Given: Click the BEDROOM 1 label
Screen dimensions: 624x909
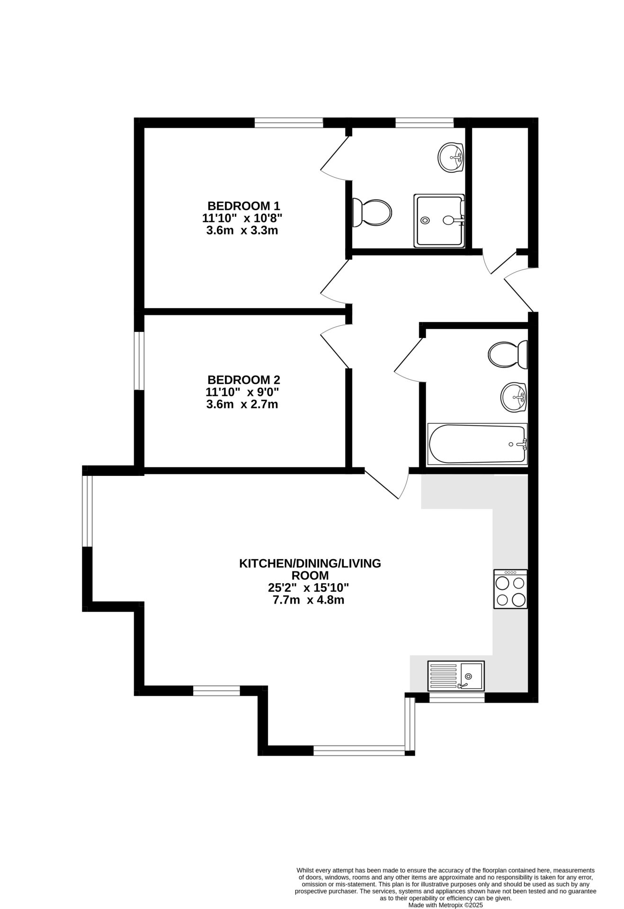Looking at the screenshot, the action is [244, 206].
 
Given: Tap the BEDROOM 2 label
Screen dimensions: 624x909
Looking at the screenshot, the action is [244, 380].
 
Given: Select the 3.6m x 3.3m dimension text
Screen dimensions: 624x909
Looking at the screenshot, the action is [242, 231].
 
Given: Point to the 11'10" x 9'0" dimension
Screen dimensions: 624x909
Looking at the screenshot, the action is [242, 392].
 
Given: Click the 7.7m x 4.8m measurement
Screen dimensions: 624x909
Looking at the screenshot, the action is [308, 600].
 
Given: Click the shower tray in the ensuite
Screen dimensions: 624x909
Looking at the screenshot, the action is [439, 220].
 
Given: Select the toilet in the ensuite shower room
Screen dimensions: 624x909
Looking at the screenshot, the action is [372, 212].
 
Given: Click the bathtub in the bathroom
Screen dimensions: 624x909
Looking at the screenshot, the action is [477, 444].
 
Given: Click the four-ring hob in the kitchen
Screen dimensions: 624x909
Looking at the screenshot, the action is [510, 589].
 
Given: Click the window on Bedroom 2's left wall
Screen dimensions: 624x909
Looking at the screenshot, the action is [139, 361].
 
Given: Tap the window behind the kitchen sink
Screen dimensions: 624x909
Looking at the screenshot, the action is [457, 697].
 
